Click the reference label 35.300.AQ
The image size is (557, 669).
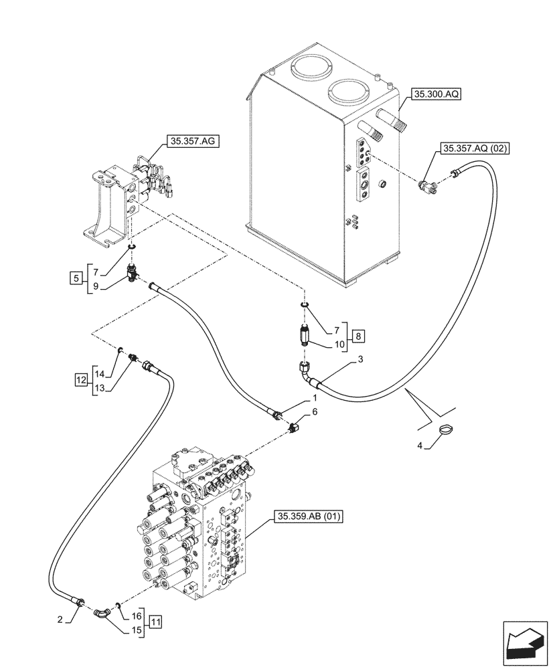click(x=436, y=96)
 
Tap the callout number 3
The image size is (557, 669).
click(x=360, y=360)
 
